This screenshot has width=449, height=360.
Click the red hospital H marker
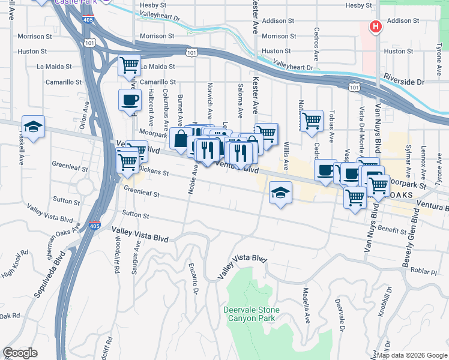[x=376, y=26]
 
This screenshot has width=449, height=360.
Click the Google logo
[x=20, y=353]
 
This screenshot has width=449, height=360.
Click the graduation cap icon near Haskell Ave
[x=34, y=127]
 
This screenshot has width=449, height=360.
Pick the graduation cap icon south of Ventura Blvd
[x=280, y=193]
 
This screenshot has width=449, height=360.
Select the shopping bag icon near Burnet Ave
[x=180, y=139]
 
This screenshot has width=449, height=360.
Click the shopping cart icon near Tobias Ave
[x=312, y=121]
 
